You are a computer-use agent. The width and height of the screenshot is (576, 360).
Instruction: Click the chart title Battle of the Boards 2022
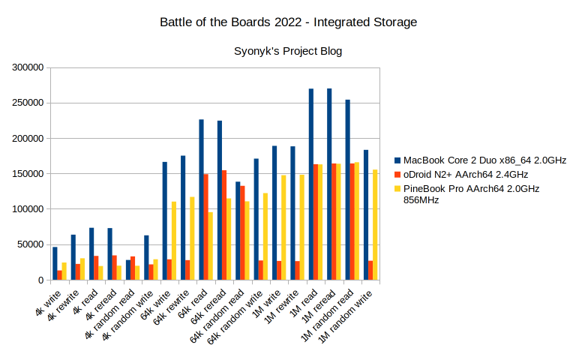click(x=288, y=22)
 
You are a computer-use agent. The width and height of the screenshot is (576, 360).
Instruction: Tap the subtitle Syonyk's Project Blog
click(x=288, y=51)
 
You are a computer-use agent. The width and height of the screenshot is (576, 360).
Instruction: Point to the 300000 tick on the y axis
click(x=28, y=67)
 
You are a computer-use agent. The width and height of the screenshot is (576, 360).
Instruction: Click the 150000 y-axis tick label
click(x=28, y=174)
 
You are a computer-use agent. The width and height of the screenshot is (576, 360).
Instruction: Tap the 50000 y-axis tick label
click(x=31, y=244)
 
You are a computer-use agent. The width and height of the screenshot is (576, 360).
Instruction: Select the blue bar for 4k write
click(x=55, y=263)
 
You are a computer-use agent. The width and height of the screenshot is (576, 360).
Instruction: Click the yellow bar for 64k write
click(x=174, y=240)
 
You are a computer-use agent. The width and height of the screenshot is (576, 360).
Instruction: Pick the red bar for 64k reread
click(x=224, y=225)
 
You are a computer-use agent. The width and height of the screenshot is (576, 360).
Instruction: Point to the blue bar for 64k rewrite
click(x=183, y=217)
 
